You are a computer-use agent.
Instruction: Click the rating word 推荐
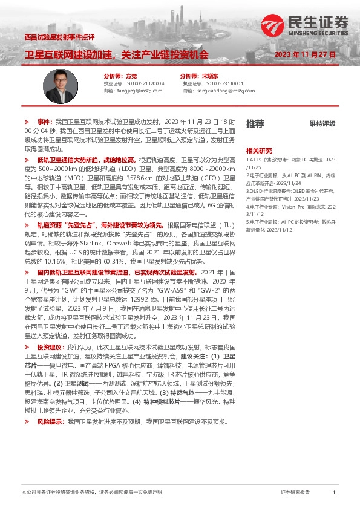255,124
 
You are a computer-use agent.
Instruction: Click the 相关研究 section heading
259,150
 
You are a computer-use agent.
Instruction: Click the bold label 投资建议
48,348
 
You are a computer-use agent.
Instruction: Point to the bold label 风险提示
48,404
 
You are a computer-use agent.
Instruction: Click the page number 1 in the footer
334,493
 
